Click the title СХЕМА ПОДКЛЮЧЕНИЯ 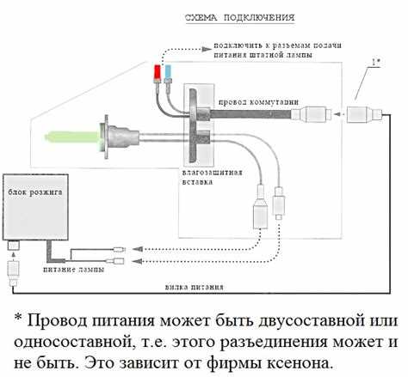(x=240, y=17)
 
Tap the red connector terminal (x=158, y=73)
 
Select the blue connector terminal (x=168, y=73)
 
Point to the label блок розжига (x=35, y=192)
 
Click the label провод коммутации (x=258, y=102)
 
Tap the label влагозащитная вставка (x=213, y=178)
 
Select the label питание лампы (x=73, y=270)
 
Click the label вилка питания (x=195, y=287)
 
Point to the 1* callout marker (x=376, y=62)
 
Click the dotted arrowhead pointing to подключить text (x=207, y=49)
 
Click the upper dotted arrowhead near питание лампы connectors (x=138, y=249)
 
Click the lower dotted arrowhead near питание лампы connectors (x=138, y=261)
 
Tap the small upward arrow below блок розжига (x=12, y=254)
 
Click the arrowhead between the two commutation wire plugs (x=338, y=114)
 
